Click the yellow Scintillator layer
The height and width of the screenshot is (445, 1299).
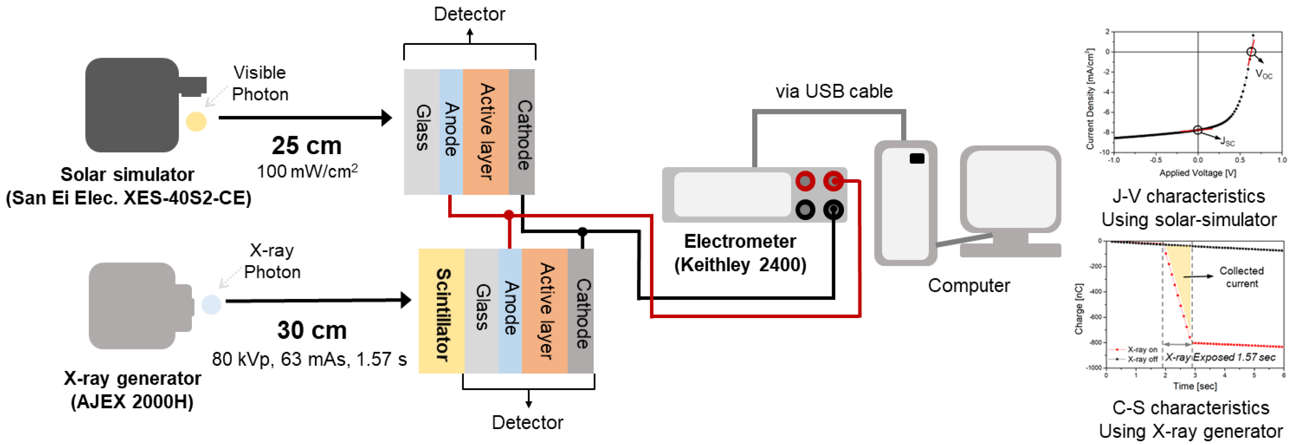pyautogui.click(x=441, y=311)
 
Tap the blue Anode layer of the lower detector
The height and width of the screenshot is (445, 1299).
pyautogui.click(x=510, y=311)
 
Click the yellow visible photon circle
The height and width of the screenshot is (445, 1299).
pyautogui.click(x=196, y=122)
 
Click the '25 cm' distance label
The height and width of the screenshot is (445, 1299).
pyautogui.click(x=306, y=146)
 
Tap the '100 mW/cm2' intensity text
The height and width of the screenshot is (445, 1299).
pyautogui.click(x=307, y=171)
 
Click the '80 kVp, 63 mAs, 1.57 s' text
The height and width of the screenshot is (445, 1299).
pyautogui.click(x=309, y=359)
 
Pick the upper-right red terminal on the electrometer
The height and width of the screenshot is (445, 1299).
pyautogui.click(x=833, y=181)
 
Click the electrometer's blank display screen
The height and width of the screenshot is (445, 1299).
pyautogui.click(x=732, y=195)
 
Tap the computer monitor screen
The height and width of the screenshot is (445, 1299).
pyautogui.click(x=1011, y=189)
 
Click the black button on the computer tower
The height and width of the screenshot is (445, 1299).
pyautogui.click(x=917, y=158)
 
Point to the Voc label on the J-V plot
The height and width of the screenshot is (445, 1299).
pyautogui.click(x=1264, y=75)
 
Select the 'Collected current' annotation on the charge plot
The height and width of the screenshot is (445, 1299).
pyautogui.click(x=1241, y=277)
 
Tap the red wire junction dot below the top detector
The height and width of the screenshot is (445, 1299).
pyautogui.click(x=509, y=215)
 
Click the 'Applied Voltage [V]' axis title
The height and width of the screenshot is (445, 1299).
pyautogui.click(x=1198, y=173)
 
